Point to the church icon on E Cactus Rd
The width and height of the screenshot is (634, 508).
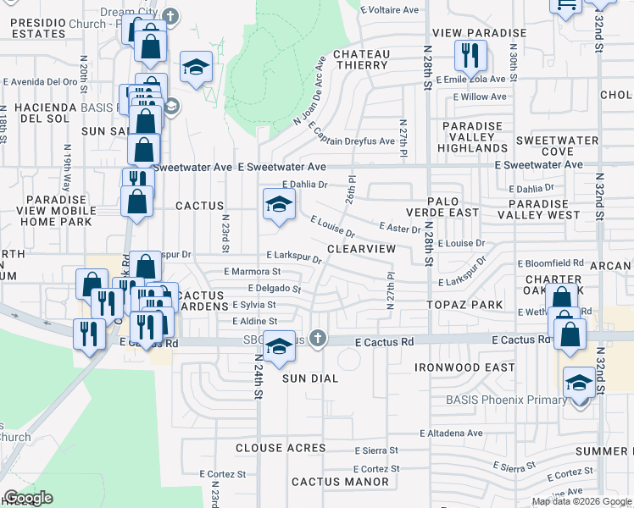[x=318, y=340]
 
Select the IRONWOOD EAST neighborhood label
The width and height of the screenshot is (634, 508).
[x=464, y=367]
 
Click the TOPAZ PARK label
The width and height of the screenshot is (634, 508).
[x=464, y=301]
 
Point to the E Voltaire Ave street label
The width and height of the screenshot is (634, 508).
[x=389, y=10]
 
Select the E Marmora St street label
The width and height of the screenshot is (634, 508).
[x=252, y=272]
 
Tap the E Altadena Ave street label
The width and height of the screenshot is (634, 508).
[x=450, y=433]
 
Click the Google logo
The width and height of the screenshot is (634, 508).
[x=28, y=498]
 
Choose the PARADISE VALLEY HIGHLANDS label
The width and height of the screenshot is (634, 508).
[x=473, y=137]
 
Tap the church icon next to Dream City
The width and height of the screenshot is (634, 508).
[x=170, y=15]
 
